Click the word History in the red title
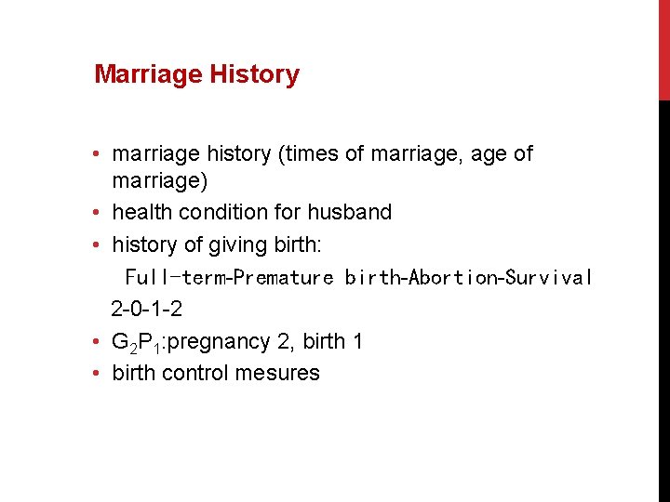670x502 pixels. coord(254,74)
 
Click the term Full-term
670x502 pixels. coord(177,277)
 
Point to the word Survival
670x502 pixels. coord(549,277)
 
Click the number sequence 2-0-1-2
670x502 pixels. coord(146,309)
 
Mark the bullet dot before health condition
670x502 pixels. coord(98,213)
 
